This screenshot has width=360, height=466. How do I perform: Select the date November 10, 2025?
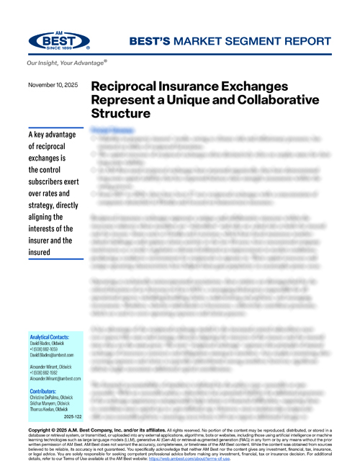[x=55, y=85]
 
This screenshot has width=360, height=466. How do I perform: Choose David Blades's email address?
[x=57, y=355]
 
